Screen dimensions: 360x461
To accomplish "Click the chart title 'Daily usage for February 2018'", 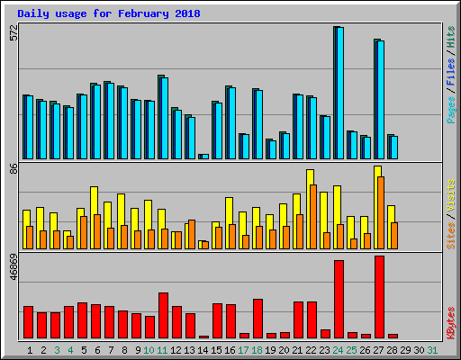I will click(109, 14).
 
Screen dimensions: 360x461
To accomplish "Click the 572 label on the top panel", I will click(13, 33).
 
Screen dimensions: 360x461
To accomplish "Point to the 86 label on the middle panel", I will click(13, 168).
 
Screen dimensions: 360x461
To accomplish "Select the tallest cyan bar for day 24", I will click(339, 93).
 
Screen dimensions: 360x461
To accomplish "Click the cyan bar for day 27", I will click(380, 99).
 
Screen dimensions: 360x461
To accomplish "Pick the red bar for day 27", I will click(379, 296).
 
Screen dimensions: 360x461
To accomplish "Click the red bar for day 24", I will click(339, 299).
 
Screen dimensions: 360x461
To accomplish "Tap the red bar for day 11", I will click(163, 315).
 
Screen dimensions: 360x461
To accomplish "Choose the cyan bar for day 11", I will click(164, 118).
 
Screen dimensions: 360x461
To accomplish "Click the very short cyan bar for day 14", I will click(203, 156).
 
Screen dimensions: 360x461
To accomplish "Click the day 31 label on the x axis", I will click(433, 349).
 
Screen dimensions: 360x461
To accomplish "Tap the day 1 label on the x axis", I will click(30, 349).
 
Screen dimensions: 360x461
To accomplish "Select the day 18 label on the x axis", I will click(258, 349).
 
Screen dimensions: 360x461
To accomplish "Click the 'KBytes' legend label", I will click(450, 322).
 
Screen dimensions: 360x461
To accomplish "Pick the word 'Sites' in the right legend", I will click(450, 235).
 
